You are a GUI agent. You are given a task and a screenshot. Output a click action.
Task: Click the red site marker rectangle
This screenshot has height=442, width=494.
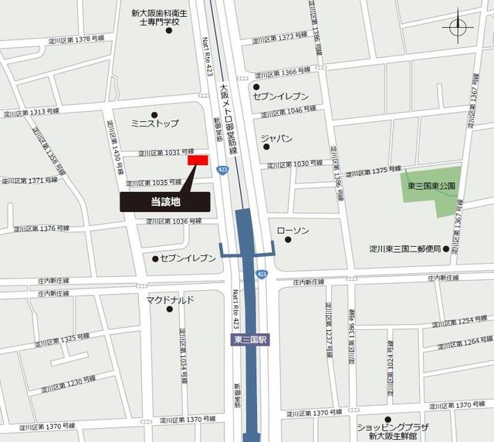coord(198,160)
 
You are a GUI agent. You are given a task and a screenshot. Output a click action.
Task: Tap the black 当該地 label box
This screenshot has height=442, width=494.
coord(164,201)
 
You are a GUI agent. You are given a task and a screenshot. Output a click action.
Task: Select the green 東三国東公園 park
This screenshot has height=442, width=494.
coord(432,191)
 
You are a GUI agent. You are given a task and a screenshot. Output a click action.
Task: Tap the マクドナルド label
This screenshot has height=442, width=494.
coord(170,299)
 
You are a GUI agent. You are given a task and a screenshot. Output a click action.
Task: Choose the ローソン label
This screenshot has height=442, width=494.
coord(293,230)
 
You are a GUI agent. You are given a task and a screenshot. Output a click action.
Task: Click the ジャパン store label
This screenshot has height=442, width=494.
coord(276,139)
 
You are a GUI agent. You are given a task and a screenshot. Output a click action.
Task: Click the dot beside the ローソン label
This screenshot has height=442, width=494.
coord(288,240)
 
